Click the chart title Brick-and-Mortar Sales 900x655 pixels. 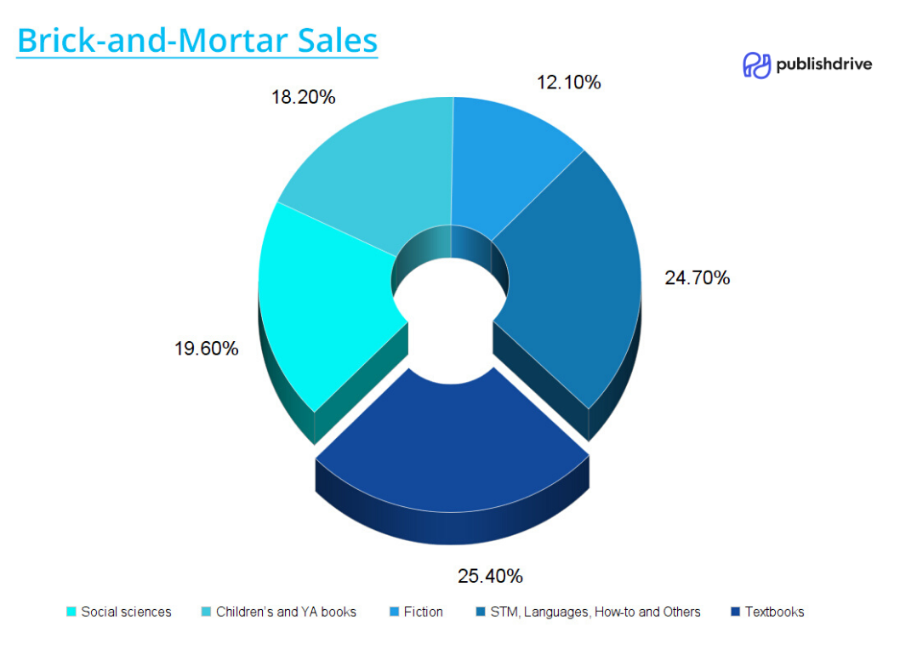197,40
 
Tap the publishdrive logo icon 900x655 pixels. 756,65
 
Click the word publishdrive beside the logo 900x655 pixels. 823,64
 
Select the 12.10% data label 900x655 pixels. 568,83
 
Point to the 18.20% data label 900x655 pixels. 303,97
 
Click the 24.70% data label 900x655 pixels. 697,278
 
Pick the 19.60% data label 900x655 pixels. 206,349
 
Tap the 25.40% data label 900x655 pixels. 490,576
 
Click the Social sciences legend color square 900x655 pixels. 71,612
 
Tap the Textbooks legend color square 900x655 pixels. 735,612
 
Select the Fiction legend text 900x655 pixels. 423,612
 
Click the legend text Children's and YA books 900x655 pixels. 286,612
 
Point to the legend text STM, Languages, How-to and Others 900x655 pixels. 595,612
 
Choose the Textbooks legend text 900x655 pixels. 774,612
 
